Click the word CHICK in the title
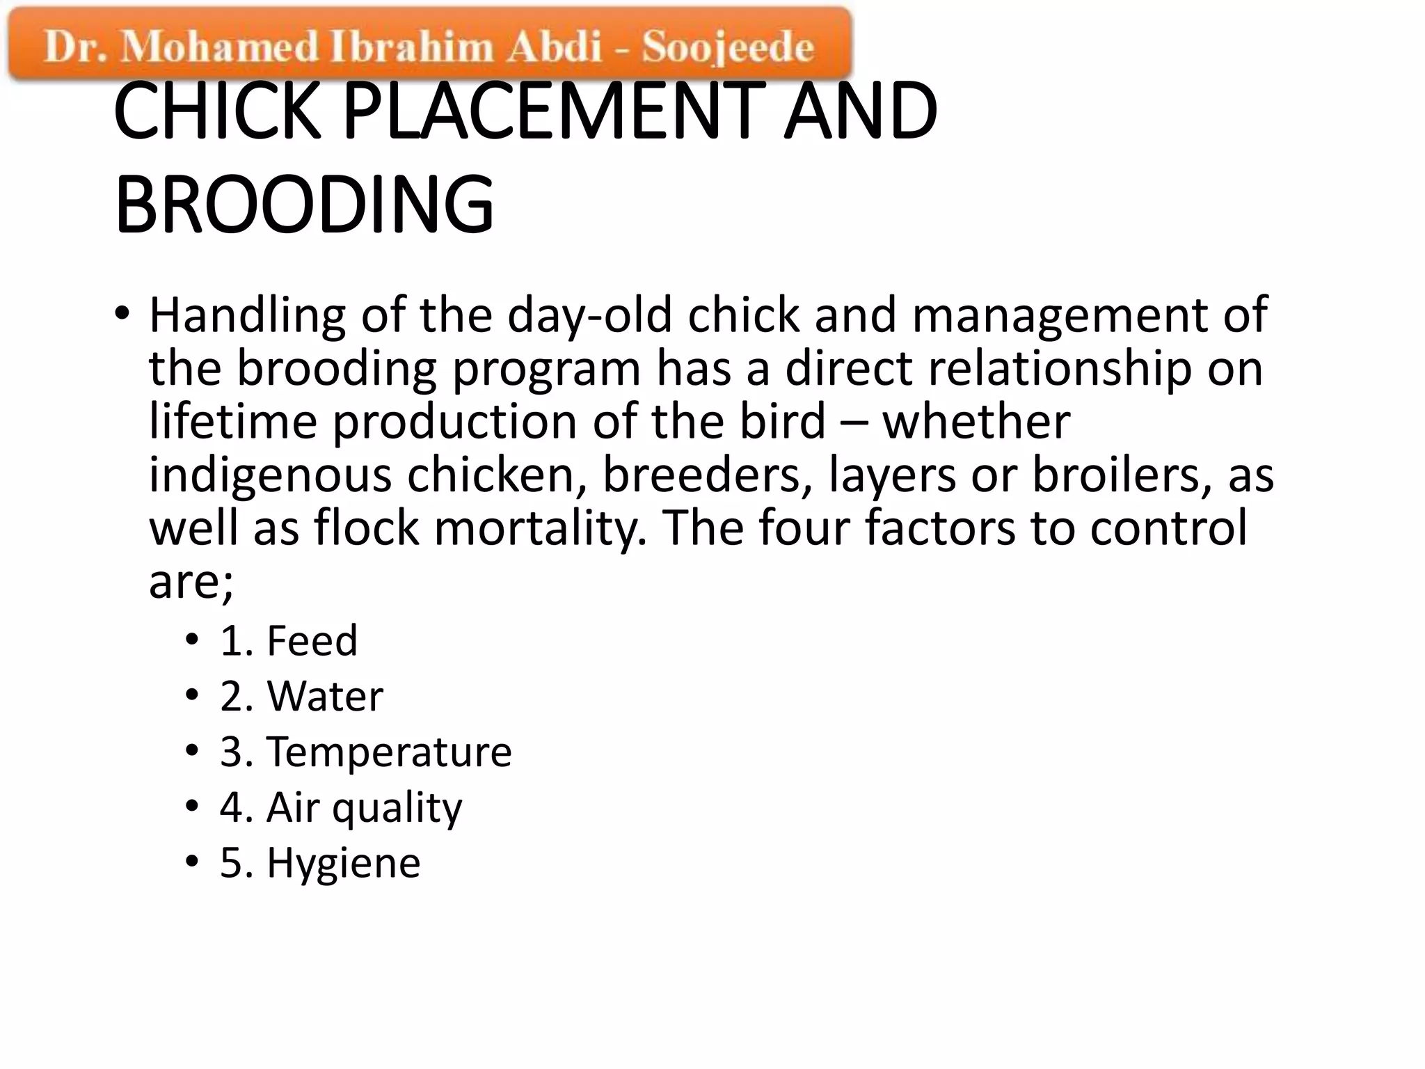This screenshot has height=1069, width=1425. click(x=217, y=111)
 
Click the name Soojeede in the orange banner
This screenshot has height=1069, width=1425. click(x=728, y=47)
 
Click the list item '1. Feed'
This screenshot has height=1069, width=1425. click(x=289, y=640)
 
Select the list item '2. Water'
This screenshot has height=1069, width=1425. click(x=301, y=696)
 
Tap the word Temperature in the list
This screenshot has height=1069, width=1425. click(x=390, y=752)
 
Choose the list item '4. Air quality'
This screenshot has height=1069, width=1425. click(x=341, y=807)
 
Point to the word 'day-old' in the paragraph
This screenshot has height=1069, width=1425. click(x=590, y=315)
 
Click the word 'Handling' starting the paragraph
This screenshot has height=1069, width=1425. click(x=247, y=315)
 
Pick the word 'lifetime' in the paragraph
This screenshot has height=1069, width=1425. click(x=233, y=422)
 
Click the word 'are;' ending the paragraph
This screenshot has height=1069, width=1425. click(x=191, y=582)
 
